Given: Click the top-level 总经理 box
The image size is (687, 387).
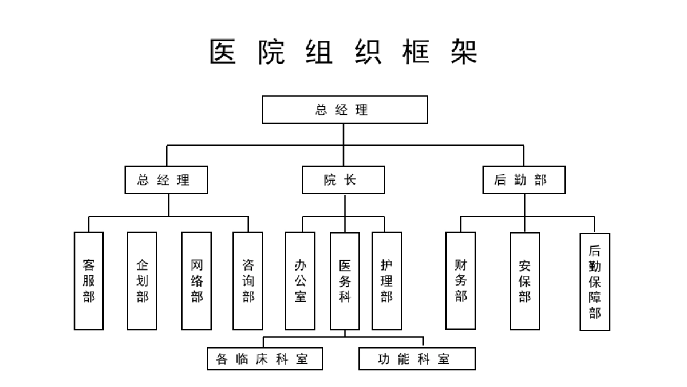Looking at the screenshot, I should click(x=345, y=110).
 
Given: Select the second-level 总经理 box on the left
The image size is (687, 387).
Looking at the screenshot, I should click(x=166, y=180).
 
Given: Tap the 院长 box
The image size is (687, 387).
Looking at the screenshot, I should click(x=343, y=180).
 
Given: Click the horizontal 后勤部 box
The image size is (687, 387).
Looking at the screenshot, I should click(x=524, y=180).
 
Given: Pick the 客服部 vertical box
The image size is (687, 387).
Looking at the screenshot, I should click(x=89, y=281).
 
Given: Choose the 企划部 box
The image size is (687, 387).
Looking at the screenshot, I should click(x=142, y=281).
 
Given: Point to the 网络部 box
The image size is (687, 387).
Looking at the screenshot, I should click(x=196, y=281).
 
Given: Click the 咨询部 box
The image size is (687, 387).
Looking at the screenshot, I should click(x=248, y=281).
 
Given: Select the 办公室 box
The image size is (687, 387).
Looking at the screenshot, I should click(x=300, y=281).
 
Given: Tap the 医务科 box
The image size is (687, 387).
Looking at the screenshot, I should click(x=345, y=281).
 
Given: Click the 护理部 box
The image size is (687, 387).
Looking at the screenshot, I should click(x=386, y=281).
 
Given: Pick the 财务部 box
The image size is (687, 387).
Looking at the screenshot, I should click(x=460, y=280).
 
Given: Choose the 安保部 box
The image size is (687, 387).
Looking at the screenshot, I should click(x=524, y=281).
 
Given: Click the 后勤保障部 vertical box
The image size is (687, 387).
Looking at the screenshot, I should click(x=595, y=282).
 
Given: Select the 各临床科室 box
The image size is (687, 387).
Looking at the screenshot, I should click(x=264, y=359).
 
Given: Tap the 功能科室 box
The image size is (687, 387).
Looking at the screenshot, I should click(x=417, y=359).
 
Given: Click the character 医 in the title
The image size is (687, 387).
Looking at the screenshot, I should click(x=223, y=52).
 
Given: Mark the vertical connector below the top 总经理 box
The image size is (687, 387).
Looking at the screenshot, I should click(x=344, y=134).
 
